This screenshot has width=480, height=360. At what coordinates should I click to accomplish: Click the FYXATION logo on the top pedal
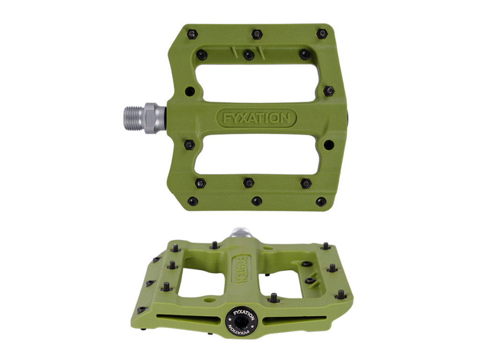[x=256, y=118]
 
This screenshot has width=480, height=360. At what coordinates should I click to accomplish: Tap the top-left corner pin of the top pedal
[x=192, y=34]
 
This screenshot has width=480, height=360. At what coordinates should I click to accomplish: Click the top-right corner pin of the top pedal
[x=322, y=34]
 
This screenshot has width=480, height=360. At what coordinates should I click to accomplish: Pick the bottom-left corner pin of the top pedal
[x=193, y=201]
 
